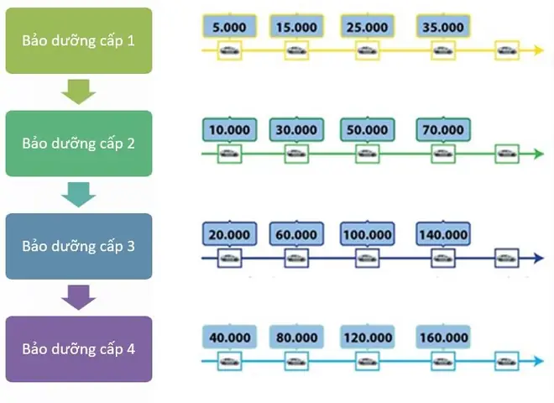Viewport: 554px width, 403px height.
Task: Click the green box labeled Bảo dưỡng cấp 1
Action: coord(79,40)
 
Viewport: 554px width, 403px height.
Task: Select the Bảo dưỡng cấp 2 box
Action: coord(79,143)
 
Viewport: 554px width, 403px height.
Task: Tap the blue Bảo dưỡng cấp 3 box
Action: coord(79,246)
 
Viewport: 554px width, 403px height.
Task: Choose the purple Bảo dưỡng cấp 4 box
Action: coord(79,348)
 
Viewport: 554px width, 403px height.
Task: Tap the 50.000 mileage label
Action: coord(367,130)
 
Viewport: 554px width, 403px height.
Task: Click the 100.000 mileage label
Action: coord(367,234)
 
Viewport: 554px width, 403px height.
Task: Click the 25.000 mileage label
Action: coord(367,27)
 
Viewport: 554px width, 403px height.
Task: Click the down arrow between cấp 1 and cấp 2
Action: coord(79,92)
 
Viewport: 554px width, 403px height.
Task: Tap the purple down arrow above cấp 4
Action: coord(79,297)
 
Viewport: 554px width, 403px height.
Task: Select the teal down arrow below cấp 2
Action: coord(79,194)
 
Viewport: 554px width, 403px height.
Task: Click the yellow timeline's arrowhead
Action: coord(537,51)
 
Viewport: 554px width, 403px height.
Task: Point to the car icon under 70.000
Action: coord(442,154)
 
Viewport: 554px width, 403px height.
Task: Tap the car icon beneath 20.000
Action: coord(228,258)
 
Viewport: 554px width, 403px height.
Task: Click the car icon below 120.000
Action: coord(367,362)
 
